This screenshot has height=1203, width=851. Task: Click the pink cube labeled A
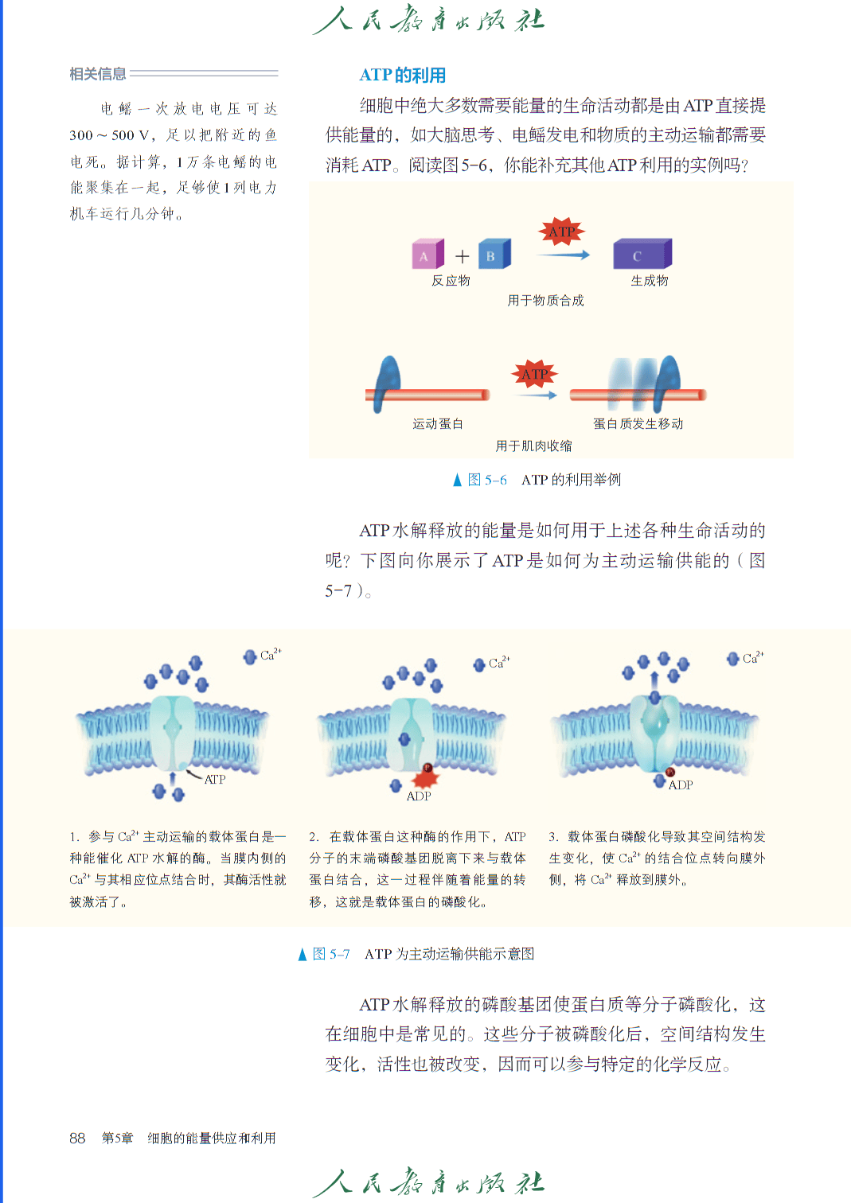point(428,254)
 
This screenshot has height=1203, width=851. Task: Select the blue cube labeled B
point(494,254)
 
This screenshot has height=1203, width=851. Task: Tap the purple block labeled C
point(642,254)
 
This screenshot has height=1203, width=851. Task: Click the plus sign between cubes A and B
point(462,257)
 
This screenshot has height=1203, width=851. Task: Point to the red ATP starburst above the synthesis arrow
point(561,232)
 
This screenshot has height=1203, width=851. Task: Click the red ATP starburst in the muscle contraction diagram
point(534,374)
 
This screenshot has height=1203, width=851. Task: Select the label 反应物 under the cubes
point(451,281)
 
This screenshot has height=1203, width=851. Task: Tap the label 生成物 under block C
point(650,281)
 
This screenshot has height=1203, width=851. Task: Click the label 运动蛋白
point(438,424)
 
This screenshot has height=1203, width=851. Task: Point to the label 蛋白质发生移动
point(638,424)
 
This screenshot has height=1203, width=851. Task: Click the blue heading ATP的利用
point(403,75)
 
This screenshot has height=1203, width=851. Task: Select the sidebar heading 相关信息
point(98,73)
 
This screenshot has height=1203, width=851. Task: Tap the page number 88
point(77,1138)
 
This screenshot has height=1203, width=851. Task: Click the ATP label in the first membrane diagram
point(215,779)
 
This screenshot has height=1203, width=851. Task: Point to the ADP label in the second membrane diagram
point(419,796)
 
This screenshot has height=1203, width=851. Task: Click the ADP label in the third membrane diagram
point(681,785)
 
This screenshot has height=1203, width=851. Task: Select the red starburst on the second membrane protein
point(425,777)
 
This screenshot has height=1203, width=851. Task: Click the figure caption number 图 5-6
point(487,480)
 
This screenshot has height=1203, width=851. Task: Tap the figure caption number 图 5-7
point(331,954)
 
